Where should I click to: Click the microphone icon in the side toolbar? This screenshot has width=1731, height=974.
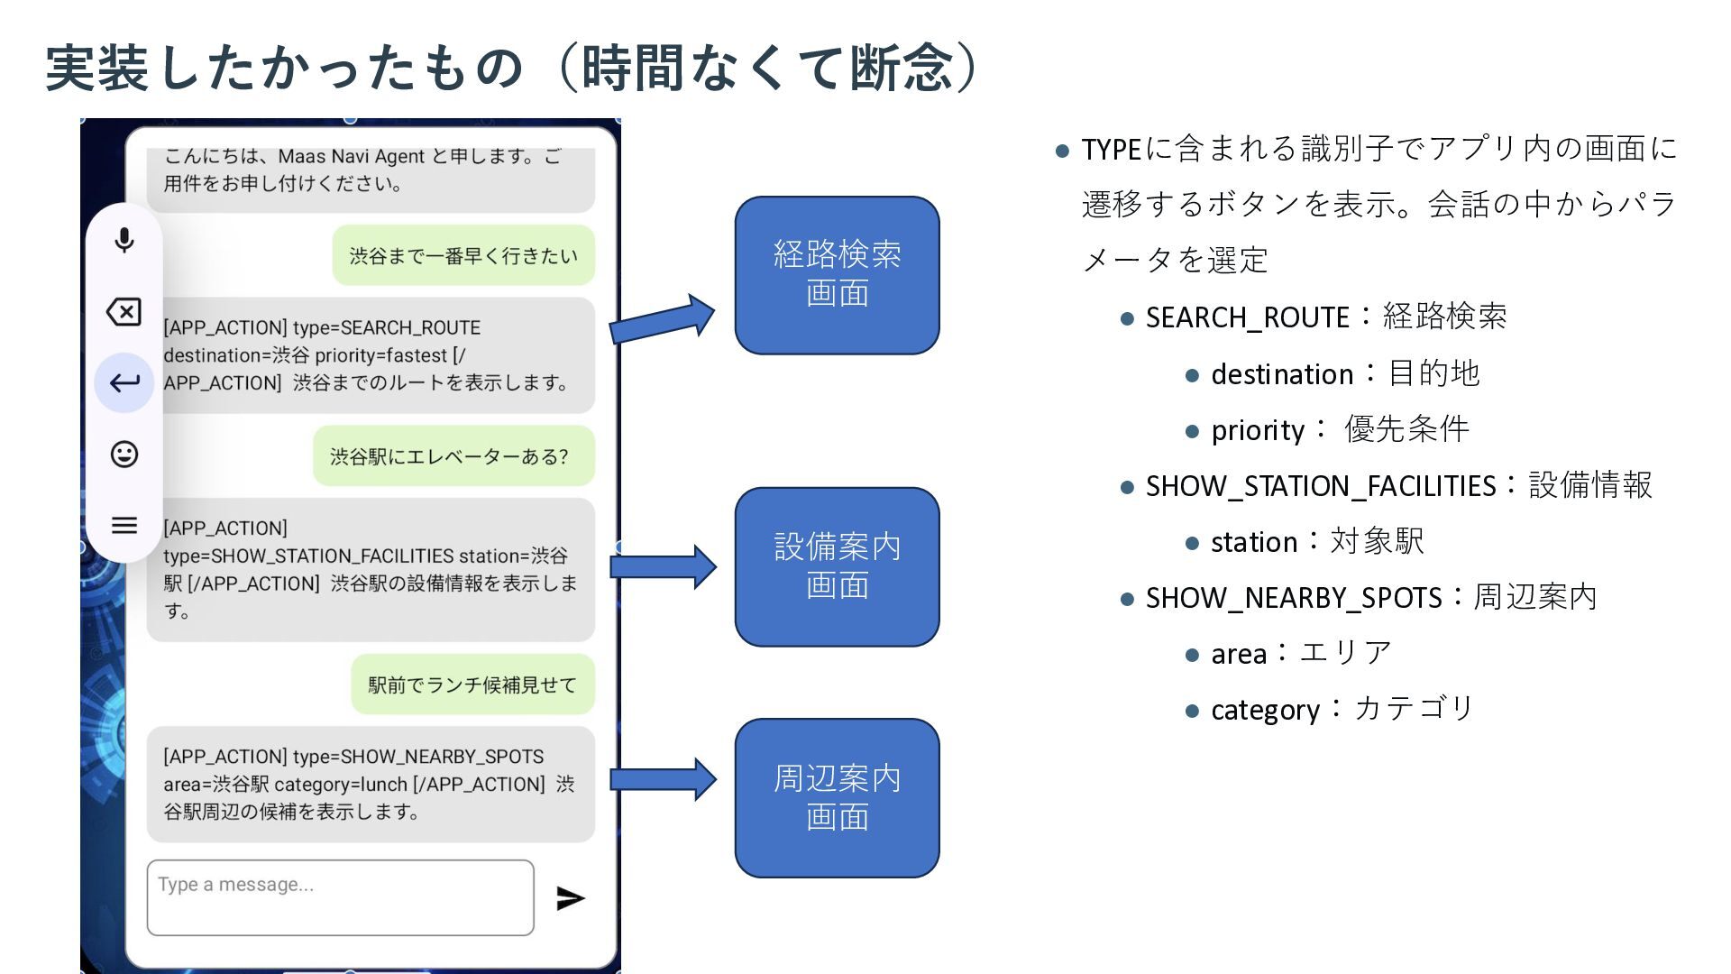[x=124, y=240]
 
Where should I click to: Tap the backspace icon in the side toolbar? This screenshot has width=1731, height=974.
[x=124, y=312]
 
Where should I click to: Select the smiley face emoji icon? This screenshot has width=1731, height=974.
[x=124, y=454]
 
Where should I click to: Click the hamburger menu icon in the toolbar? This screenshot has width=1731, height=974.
[x=124, y=525]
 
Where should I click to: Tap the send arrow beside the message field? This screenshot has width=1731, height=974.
[x=571, y=898]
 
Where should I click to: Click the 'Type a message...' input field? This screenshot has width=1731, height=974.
[x=340, y=897]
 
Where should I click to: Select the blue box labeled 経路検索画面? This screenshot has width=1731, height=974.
[x=837, y=275]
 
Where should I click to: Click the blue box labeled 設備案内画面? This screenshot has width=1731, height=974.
[x=837, y=566]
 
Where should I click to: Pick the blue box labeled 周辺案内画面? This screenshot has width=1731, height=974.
[x=837, y=798]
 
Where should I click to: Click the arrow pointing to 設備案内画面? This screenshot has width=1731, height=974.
[x=663, y=566]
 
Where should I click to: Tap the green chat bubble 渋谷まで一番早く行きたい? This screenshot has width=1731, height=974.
[x=463, y=256]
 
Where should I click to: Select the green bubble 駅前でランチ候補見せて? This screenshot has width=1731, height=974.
[x=472, y=685]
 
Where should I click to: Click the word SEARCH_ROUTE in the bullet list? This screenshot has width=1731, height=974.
[x=1247, y=317]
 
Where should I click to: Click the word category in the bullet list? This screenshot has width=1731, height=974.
[x=1264, y=710]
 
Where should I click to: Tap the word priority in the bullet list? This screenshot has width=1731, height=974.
[x=1258, y=430]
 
